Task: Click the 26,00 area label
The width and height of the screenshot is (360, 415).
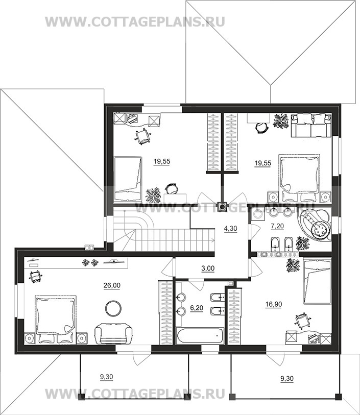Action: pos(112,285)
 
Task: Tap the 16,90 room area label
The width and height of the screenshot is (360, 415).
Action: pos(274,304)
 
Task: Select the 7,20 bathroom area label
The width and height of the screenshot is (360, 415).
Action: pos(277,226)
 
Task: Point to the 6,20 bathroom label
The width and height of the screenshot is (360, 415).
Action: pos(197,308)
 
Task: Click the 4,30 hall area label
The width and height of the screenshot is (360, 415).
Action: pos(231,228)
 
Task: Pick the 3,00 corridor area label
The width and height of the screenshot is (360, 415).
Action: pos(208,268)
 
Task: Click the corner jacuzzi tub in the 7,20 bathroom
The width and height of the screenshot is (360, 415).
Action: pos(315,224)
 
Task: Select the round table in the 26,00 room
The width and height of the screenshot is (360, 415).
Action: pos(113,307)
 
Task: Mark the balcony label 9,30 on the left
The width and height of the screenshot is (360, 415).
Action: pos(107,377)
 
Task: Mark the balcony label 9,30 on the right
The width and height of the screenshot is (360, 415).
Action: pos(287,379)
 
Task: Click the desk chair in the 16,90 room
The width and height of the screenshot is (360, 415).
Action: pos(301,320)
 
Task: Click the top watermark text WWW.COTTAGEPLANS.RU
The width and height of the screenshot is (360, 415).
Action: pos(135,21)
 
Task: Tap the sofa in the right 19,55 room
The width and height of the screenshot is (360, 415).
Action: pos(311,125)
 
